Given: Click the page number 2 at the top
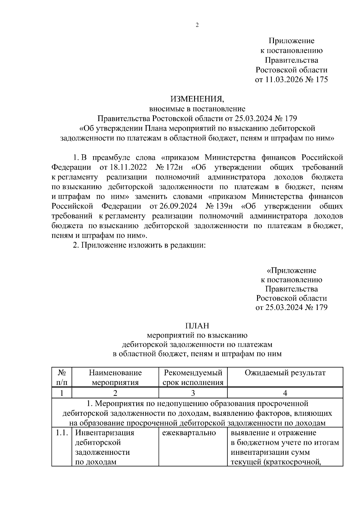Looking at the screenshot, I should tap(197, 25).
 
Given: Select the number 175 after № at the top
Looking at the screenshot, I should tap(322, 80).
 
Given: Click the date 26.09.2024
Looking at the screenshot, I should tap(173, 206).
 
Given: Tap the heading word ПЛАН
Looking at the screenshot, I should tap(197, 326).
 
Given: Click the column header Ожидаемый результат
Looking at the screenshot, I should tap(285, 373).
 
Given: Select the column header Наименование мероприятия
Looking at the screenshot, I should tap(115, 378).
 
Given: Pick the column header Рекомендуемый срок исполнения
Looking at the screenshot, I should tap(193, 378).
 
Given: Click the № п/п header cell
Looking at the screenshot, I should tap(61, 378).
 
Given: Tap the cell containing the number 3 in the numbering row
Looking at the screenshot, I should tap(193, 393).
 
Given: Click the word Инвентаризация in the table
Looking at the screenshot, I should tap(104, 433).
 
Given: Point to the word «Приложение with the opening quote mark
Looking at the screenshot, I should tap(291, 271).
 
